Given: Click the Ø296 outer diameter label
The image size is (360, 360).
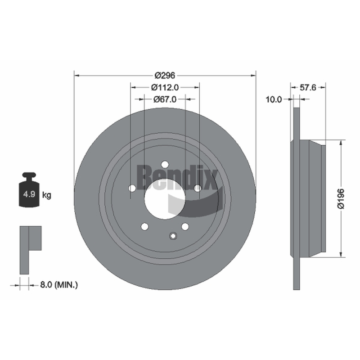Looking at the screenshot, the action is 165,75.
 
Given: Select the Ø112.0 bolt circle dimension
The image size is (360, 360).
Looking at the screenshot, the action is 165,87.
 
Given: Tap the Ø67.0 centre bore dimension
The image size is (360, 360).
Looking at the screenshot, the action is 165,99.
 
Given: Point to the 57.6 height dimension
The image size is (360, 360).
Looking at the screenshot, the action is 308,87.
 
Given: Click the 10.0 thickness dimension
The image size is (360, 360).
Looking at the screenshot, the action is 274,99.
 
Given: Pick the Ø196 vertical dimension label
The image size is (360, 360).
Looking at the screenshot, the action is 341,198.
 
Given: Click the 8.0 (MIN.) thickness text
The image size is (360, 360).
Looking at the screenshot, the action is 59,285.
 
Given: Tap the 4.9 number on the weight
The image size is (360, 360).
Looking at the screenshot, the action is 29,194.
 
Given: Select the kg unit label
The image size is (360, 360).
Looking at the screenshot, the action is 47,195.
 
